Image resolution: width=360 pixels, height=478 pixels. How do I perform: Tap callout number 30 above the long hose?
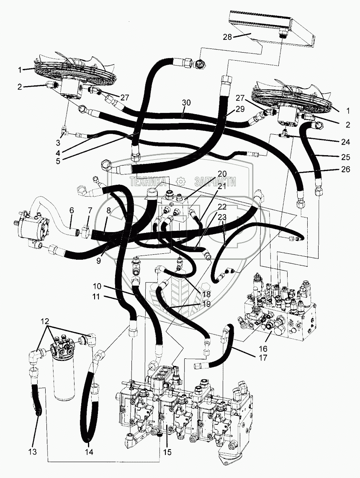[x=186, y=103]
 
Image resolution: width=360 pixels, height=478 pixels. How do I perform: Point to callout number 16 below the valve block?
[x=263, y=348]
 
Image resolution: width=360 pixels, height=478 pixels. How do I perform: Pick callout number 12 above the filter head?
[x=45, y=322]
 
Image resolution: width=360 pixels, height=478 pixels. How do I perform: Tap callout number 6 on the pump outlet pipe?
[x=72, y=210]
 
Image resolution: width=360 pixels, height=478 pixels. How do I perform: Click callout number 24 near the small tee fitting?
[x=346, y=142]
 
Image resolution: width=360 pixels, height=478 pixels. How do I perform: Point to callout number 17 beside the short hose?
[x=263, y=357]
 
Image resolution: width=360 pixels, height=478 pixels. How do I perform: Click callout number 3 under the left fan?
[x=58, y=143]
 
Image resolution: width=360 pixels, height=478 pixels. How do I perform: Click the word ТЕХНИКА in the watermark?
[x=149, y=182]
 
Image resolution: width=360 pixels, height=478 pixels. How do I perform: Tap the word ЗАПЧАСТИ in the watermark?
[x=215, y=182]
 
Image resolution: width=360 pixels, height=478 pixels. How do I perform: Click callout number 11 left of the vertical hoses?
[x=96, y=297]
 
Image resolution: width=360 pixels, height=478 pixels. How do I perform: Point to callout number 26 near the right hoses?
[x=346, y=169]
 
